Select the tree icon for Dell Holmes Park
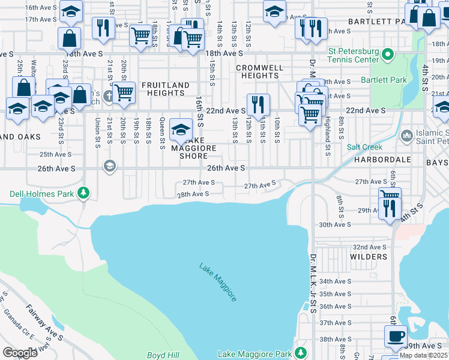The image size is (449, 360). (x=85, y=193)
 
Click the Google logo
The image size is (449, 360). (x=20, y=353)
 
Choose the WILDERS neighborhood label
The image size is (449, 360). (x=369, y=257)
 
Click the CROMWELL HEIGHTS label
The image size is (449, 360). (x=261, y=72)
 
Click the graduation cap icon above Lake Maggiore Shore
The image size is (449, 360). (x=181, y=129)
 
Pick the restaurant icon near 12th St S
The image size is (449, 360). (x=258, y=104)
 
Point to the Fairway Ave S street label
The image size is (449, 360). (x=45, y=322)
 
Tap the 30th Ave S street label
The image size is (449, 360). (x=335, y=224)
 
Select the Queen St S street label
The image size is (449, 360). (x=162, y=133)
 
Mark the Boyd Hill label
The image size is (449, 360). (x=160, y=355)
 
